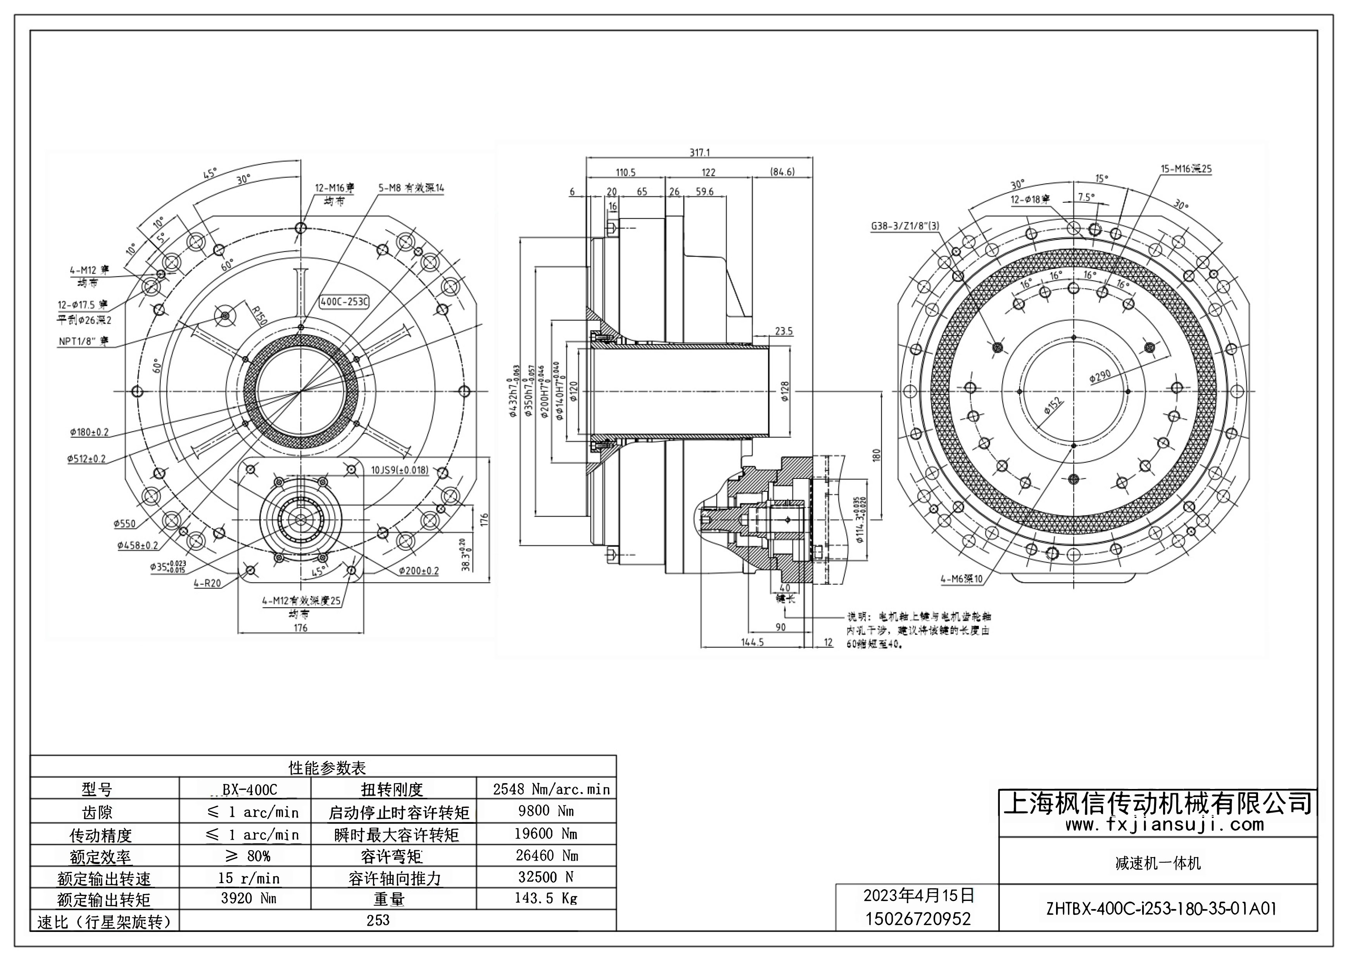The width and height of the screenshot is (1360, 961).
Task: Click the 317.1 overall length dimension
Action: (x=699, y=152)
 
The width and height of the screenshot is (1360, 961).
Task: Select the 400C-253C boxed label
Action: (x=343, y=301)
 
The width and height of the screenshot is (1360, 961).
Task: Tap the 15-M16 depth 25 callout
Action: (x=1186, y=169)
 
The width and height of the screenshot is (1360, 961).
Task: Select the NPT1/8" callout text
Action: (x=83, y=342)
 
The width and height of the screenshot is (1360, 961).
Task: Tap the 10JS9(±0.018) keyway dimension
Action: (x=399, y=470)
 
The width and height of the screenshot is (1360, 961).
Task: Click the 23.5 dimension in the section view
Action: (x=783, y=332)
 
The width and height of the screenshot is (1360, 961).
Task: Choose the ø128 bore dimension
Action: (x=785, y=391)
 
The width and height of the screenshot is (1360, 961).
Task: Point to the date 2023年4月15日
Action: (x=919, y=895)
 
